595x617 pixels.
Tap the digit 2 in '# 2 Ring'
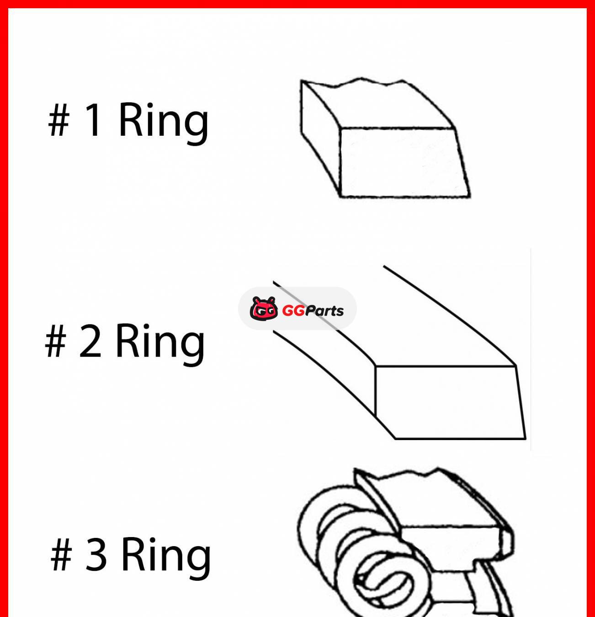pyautogui.click(x=90, y=341)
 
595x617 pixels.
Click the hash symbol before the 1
pyautogui.click(x=58, y=120)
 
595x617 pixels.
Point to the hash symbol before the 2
pyautogui.click(x=55, y=341)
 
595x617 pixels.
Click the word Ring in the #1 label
pyautogui.click(x=164, y=124)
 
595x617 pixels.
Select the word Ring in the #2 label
pyautogui.click(x=160, y=345)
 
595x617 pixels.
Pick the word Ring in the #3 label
pyautogui.click(x=166, y=558)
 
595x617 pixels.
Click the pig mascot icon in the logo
pyautogui.click(x=263, y=308)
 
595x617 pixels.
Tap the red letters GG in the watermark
pyautogui.click(x=293, y=311)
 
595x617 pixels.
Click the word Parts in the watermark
pyautogui.click(x=324, y=311)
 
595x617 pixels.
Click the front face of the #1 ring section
pyautogui.click(x=404, y=163)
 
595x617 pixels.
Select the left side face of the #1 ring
pyautogui.click(x=321, y=136)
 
